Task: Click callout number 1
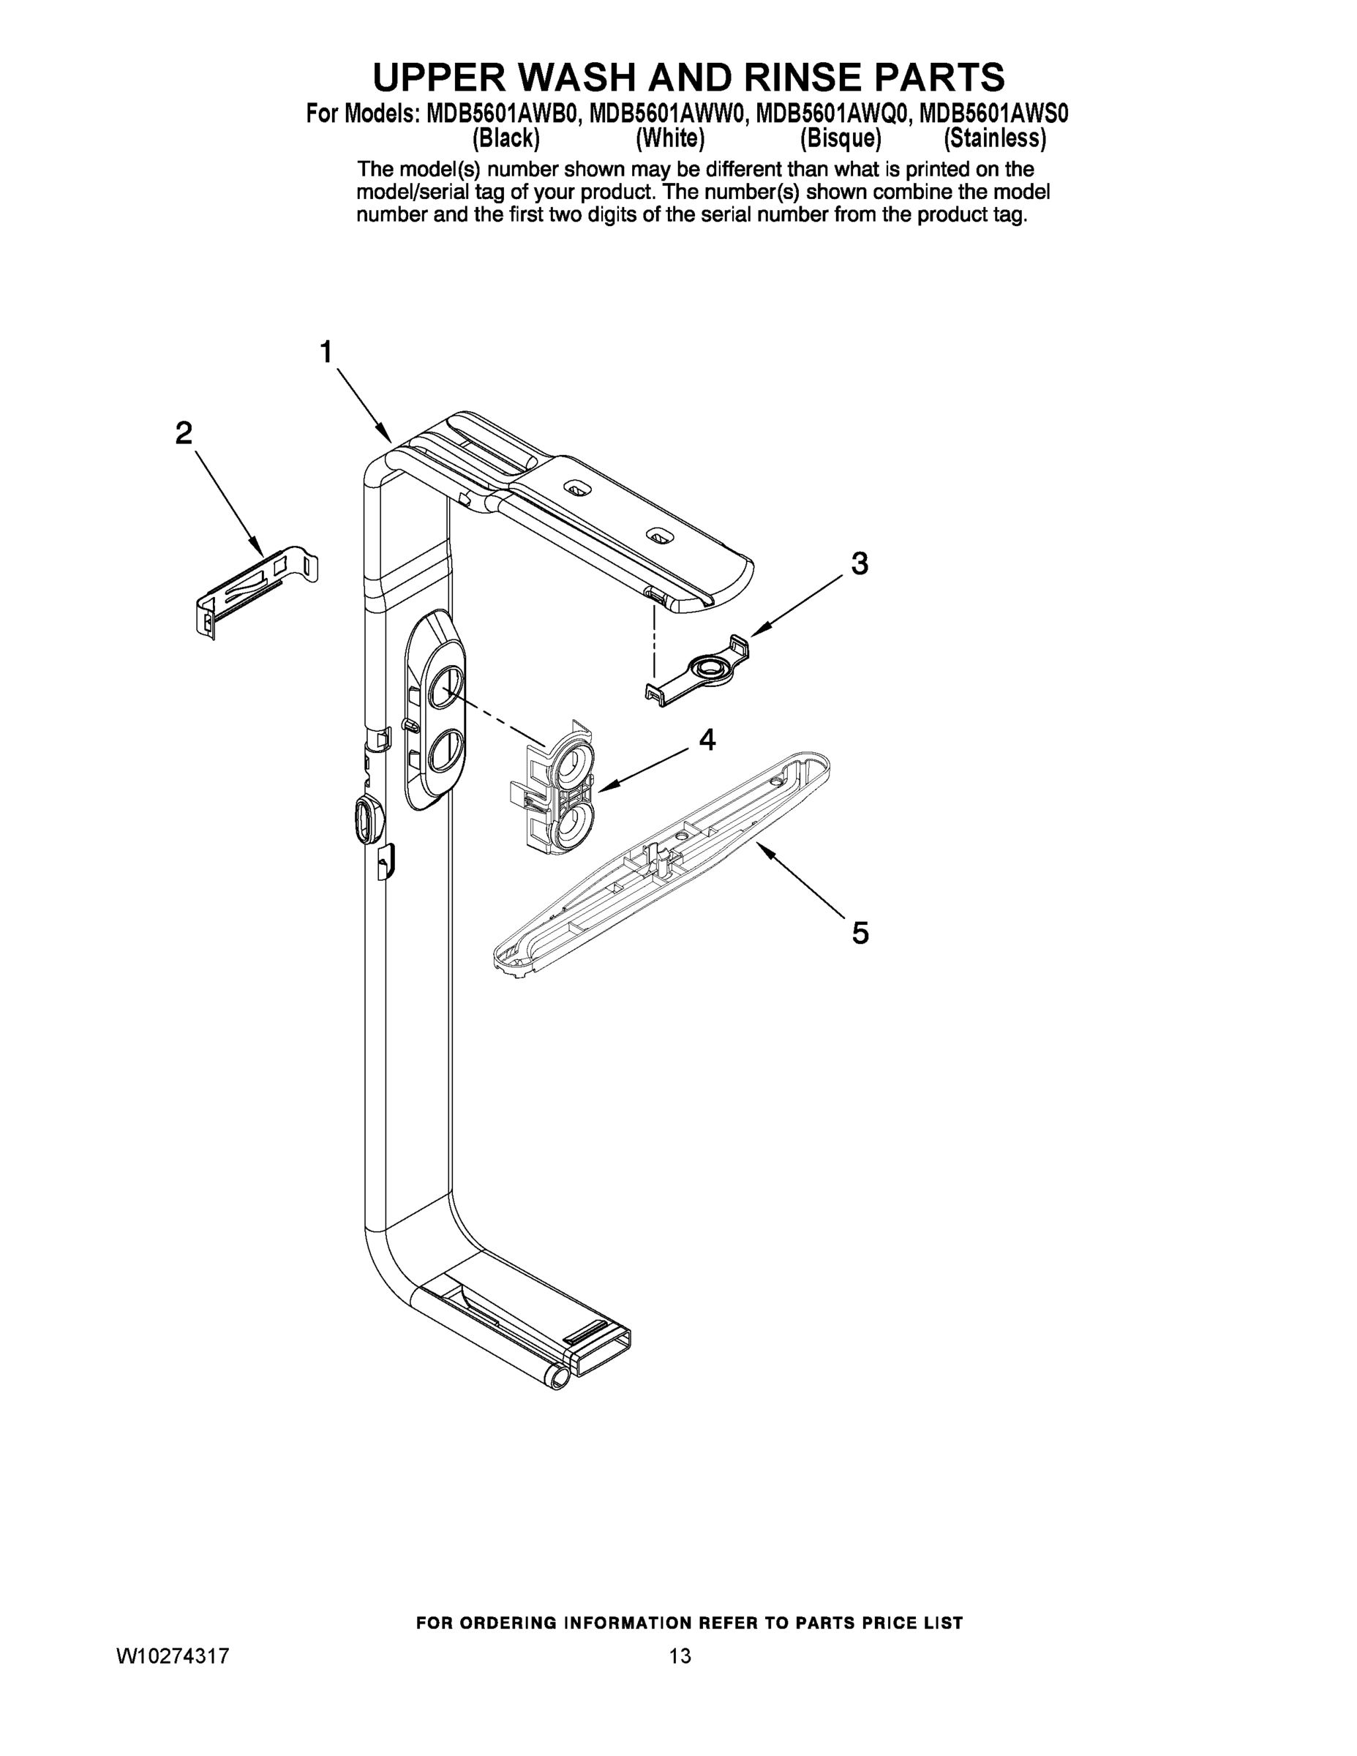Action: point(326,352)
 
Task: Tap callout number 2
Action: point(184,433)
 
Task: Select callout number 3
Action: point(860,563)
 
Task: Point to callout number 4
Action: point(707,739)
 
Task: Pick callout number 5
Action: point(860,934)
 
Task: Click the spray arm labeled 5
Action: point(659,864)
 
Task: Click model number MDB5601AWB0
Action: point(503,114)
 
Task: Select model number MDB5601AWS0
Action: point(993,114)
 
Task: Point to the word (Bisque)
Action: point(841,139)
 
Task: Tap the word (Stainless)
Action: point(994,139)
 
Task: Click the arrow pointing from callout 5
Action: point(800,882)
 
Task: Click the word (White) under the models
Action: point(669,139)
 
